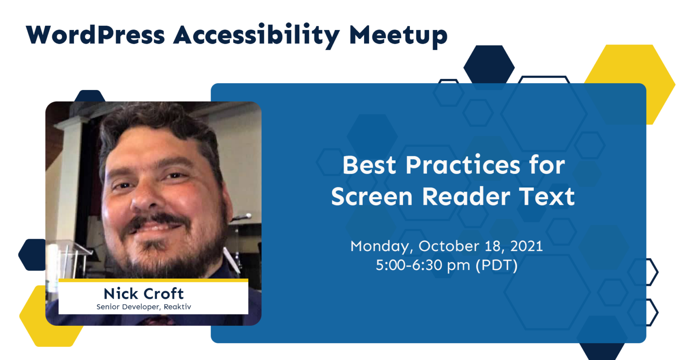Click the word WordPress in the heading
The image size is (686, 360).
tap(96, 35)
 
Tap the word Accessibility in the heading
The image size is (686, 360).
tap(257, 36)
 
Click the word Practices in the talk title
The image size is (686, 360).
tap(463, 165)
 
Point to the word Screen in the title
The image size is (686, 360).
tap(372, 196)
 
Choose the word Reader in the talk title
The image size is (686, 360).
tap(466, 196)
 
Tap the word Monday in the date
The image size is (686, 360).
tap(382, 246)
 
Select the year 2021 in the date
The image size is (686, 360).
tap(527, 246)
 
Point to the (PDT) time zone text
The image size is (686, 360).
tap(496, 265)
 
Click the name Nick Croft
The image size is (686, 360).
tap(144, 294)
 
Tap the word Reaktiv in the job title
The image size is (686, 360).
tap(178, 307)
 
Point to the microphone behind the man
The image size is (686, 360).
tap(242, 217)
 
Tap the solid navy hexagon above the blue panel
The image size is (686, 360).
tap(489, 65)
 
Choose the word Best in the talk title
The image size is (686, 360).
tap(369, 165)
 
